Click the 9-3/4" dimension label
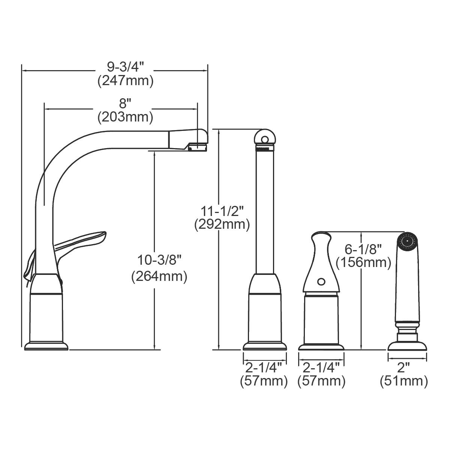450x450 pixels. click(x=125, y=67)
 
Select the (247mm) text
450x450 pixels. click(x=125, y=81)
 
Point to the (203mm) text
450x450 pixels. click(x=125, y=117)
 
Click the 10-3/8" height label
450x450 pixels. click(x=159, y=259)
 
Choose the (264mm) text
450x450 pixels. click(x=159, y=277)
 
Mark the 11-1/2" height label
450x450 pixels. click(x=222, y=210)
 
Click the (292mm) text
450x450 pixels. click(x=222, y=225)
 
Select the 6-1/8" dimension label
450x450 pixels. click(x=363, y=248)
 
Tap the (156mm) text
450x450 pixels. click(x=363, y=262)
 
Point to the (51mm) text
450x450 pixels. click(x=403, y=381)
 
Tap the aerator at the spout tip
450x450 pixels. click(x=198, y=147)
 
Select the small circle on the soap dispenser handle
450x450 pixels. click(x=321, y=281)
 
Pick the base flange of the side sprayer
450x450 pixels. click(x=407, y=345)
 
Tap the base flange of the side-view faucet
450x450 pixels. click(x=46, y=345)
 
